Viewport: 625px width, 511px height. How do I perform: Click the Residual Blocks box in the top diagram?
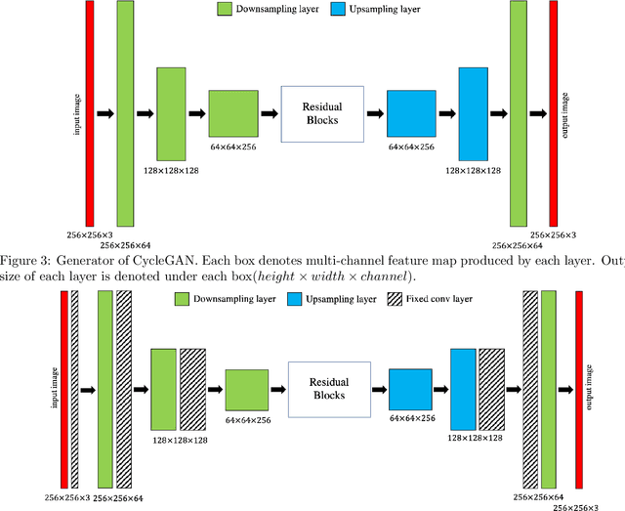[321, 114]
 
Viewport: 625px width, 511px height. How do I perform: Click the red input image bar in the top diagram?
[90, 114]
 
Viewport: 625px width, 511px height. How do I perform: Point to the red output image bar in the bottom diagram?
[579, 388]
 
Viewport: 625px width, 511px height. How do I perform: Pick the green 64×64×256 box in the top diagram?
[234, 114]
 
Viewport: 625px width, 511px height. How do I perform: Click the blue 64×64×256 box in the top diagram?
[410, 114]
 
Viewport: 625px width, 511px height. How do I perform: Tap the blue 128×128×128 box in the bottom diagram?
[463, 388]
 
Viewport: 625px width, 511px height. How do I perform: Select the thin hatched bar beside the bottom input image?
[75, 388]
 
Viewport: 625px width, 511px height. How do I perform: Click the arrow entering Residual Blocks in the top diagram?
[269, 114]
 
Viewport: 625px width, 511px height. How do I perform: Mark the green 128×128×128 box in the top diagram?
[171, 114]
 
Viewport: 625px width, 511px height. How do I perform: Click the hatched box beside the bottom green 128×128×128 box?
[193, 388]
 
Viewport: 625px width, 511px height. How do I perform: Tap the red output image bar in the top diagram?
[554, 114]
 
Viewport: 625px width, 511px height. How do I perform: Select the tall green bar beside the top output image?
[518, 114]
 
